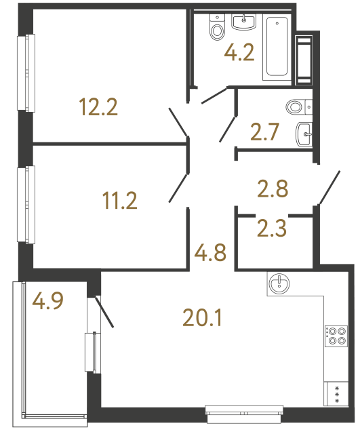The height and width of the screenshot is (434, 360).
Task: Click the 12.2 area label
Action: pyautogui.click(x=98, y=106)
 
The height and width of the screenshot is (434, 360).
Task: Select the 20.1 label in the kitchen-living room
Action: pyautogui.click(x=203, y=316)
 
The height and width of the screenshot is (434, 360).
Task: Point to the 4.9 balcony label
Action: pyautogui.click(x=49, y=300)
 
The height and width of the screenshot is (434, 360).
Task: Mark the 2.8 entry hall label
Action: pyautogui.click(x=273, y=188)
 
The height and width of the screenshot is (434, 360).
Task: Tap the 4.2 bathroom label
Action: pyautogui.click(x=239, y=53)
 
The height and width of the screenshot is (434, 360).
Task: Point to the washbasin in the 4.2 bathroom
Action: pyautogui.click(x=244, y=22)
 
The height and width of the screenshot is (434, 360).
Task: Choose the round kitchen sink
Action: pyautogui.click(x=279, y=283)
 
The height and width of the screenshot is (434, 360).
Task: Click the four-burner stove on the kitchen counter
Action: pyautogui.click(x=336, y=336)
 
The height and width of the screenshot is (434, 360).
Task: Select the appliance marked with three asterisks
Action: pyautogui.click(x=336, y=394)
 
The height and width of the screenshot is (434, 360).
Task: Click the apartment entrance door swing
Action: pyautogui.click(x=329, y=188)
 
